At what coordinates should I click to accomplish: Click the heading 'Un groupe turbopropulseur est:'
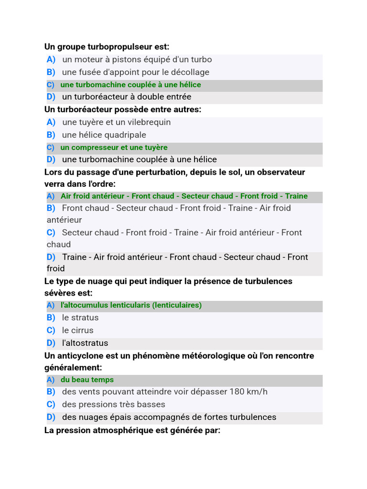pos(107,47)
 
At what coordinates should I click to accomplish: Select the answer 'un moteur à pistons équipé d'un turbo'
pos(137,60)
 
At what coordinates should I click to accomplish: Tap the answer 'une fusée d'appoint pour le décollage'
pos(135,72)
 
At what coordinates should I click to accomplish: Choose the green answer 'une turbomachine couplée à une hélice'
pos(130,85)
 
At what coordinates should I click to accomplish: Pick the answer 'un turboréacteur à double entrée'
pos(126,97)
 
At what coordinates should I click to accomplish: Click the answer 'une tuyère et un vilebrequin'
pos(116,122)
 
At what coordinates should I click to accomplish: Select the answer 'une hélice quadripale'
pos(104,135)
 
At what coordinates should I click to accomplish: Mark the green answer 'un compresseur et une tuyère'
pos(114,148)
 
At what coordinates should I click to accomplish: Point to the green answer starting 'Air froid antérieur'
pos(184,196)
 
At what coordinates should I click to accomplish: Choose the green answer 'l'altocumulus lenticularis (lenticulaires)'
pos(131,305)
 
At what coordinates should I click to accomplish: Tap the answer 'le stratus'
pos(80,318)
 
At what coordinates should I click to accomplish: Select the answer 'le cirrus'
pos(77,330)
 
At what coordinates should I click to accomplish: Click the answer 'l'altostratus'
pos(85,343)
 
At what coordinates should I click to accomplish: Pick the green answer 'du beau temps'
pos(87,380)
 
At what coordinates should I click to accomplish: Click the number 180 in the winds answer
pos(237,392)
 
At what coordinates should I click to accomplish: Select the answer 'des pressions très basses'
pos(113,404)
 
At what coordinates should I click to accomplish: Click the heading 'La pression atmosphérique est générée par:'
pos(132,430)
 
